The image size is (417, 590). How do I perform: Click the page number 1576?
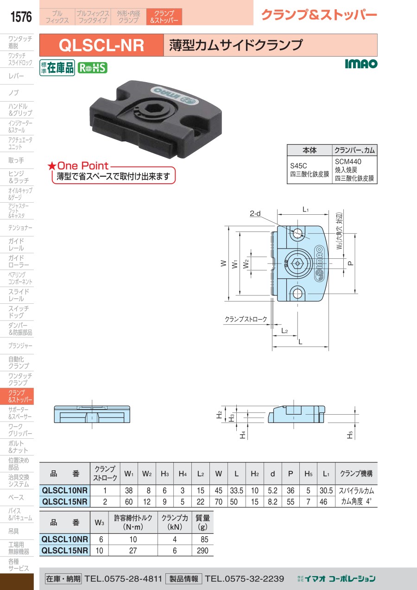[x=21, y=17]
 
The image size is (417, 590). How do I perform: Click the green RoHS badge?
[x=93, y=68]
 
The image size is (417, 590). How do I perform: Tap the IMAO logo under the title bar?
[x=361, y=64]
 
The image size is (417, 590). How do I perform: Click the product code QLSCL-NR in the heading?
[x=101, y=45]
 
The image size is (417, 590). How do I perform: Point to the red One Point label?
[x=78, y=166]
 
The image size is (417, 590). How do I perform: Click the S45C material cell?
[x=310, y=170]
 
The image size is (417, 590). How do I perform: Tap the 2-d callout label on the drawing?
[x=255, y=213]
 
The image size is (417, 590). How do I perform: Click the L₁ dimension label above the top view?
[x=305, y=209]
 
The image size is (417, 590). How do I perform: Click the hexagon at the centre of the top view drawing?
[x=297, y=263]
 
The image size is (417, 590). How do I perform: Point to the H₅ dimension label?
[x=350, y=434]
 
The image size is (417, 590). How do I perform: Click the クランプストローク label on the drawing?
[x=246, y=319]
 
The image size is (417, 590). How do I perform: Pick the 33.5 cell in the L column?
[x=236, y=490]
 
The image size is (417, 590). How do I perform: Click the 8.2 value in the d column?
[x=272, y=501]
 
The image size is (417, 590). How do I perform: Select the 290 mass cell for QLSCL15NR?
[x=202, y=551]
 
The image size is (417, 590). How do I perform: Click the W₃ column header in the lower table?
[x=99, y=523]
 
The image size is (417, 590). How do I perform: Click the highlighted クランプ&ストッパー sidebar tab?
[x=17, y=396]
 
